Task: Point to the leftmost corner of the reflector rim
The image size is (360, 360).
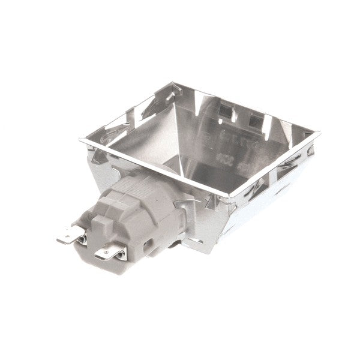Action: click(80, 140)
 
